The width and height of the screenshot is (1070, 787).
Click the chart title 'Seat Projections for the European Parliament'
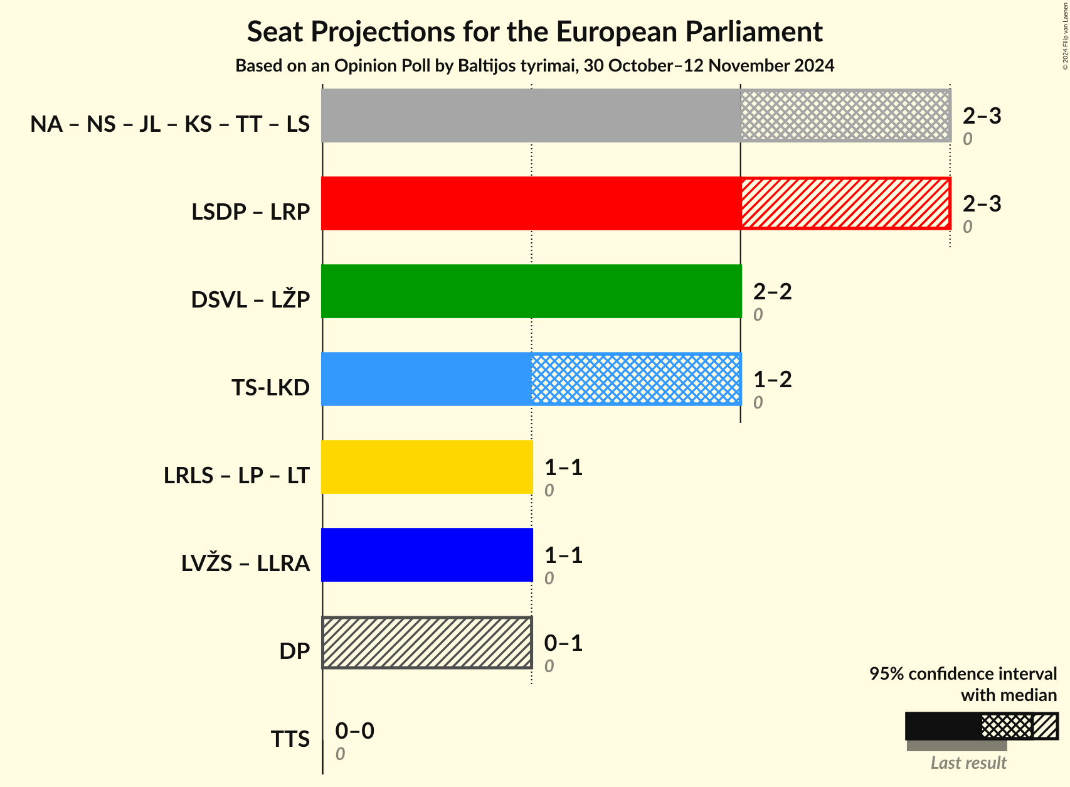tap(534, 31)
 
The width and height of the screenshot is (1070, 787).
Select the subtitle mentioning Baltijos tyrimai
tap(534, 66)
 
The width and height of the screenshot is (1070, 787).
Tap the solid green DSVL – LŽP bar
tap(531, 291)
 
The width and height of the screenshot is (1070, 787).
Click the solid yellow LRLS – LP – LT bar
tap(426, 467)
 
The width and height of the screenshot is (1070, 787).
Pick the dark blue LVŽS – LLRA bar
tap(426, 555)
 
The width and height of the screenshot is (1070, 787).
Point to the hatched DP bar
tap(426, 643)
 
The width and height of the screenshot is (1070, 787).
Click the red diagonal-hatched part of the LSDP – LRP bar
tap(845, 203)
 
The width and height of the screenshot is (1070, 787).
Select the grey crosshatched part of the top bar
tap(845, 115)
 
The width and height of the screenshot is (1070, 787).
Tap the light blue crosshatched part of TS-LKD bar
tap(636, 379)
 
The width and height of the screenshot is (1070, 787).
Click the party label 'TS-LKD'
tap(270, 388)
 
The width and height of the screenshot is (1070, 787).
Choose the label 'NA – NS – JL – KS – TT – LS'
tap(170, 124)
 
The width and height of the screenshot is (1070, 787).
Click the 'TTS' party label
tap(290, 739)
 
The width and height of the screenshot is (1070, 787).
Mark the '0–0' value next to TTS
tap(354, 731)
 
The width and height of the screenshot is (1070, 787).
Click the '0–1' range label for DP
tap(563, 643)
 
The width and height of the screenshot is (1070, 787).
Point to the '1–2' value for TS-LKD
tap(772, 379)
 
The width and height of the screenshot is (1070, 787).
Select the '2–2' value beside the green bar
tap(772, 291)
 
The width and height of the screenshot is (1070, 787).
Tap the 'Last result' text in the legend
tap(968, 763)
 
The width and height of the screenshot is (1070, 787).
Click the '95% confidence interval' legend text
tap(963, 674)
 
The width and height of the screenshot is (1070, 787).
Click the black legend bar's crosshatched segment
tap(1006, 726)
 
